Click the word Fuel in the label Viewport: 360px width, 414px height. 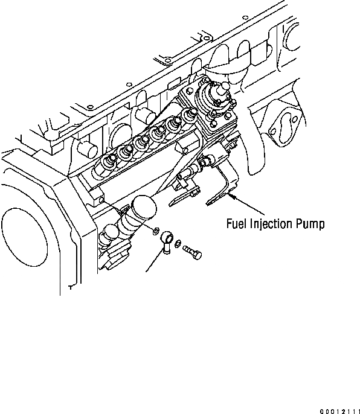click(236, 225)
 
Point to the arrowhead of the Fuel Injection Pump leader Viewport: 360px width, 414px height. click(231, 195)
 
